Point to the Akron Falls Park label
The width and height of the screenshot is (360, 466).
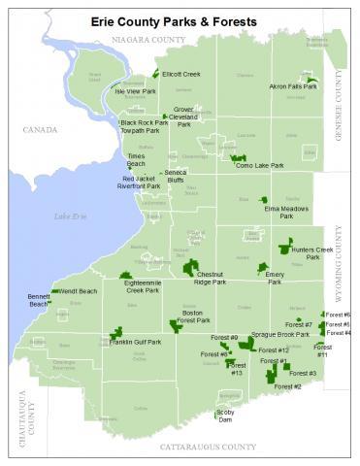[293, 86]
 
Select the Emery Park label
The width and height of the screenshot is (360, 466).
[275, 278]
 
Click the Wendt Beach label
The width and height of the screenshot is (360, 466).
[79, 291]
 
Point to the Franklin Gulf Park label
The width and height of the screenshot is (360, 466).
[135, 342]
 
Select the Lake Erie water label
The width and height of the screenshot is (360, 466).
[70, 216]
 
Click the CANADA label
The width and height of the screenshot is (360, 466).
[41, 128]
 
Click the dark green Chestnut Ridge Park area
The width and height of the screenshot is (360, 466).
[189, 267]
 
